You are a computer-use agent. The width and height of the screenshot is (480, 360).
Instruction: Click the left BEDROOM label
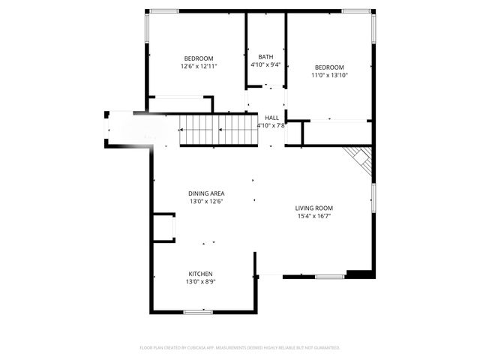[199, 58]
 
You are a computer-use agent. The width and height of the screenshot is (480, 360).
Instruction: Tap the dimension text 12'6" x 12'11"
[199, 67]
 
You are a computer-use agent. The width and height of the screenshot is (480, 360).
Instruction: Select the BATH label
[265, 57]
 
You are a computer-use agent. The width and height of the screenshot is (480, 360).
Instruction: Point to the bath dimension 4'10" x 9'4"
[265, 65]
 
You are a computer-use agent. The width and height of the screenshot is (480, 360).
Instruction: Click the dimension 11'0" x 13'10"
[329, 75]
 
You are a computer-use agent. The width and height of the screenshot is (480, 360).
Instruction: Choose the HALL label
[271, 118]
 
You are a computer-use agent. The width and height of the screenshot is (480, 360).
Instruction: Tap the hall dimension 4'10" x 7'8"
[271, 126]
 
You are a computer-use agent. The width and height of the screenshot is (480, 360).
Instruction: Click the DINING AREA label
[205, 193]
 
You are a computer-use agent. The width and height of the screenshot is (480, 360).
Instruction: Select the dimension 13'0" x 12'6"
[205, 202]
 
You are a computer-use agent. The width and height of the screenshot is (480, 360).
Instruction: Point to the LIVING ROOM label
[313, 208]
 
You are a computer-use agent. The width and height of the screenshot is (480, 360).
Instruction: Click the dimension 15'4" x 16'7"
[313, 216]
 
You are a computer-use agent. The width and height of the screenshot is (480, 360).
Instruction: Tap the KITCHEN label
[200, 274]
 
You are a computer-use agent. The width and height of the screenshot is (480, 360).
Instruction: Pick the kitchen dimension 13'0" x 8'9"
[200, 282]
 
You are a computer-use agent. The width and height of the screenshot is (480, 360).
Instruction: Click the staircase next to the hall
[219, 130]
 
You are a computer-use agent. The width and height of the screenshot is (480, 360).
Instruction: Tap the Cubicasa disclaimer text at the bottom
[240, 348]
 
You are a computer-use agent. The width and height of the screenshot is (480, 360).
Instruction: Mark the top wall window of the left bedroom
[163, 11]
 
